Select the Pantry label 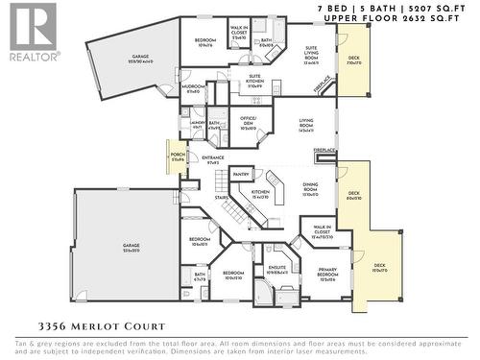(241, 174)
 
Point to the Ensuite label (276, 269)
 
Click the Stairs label (222, 199)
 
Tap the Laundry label (197, 123)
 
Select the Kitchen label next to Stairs (260, 193)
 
